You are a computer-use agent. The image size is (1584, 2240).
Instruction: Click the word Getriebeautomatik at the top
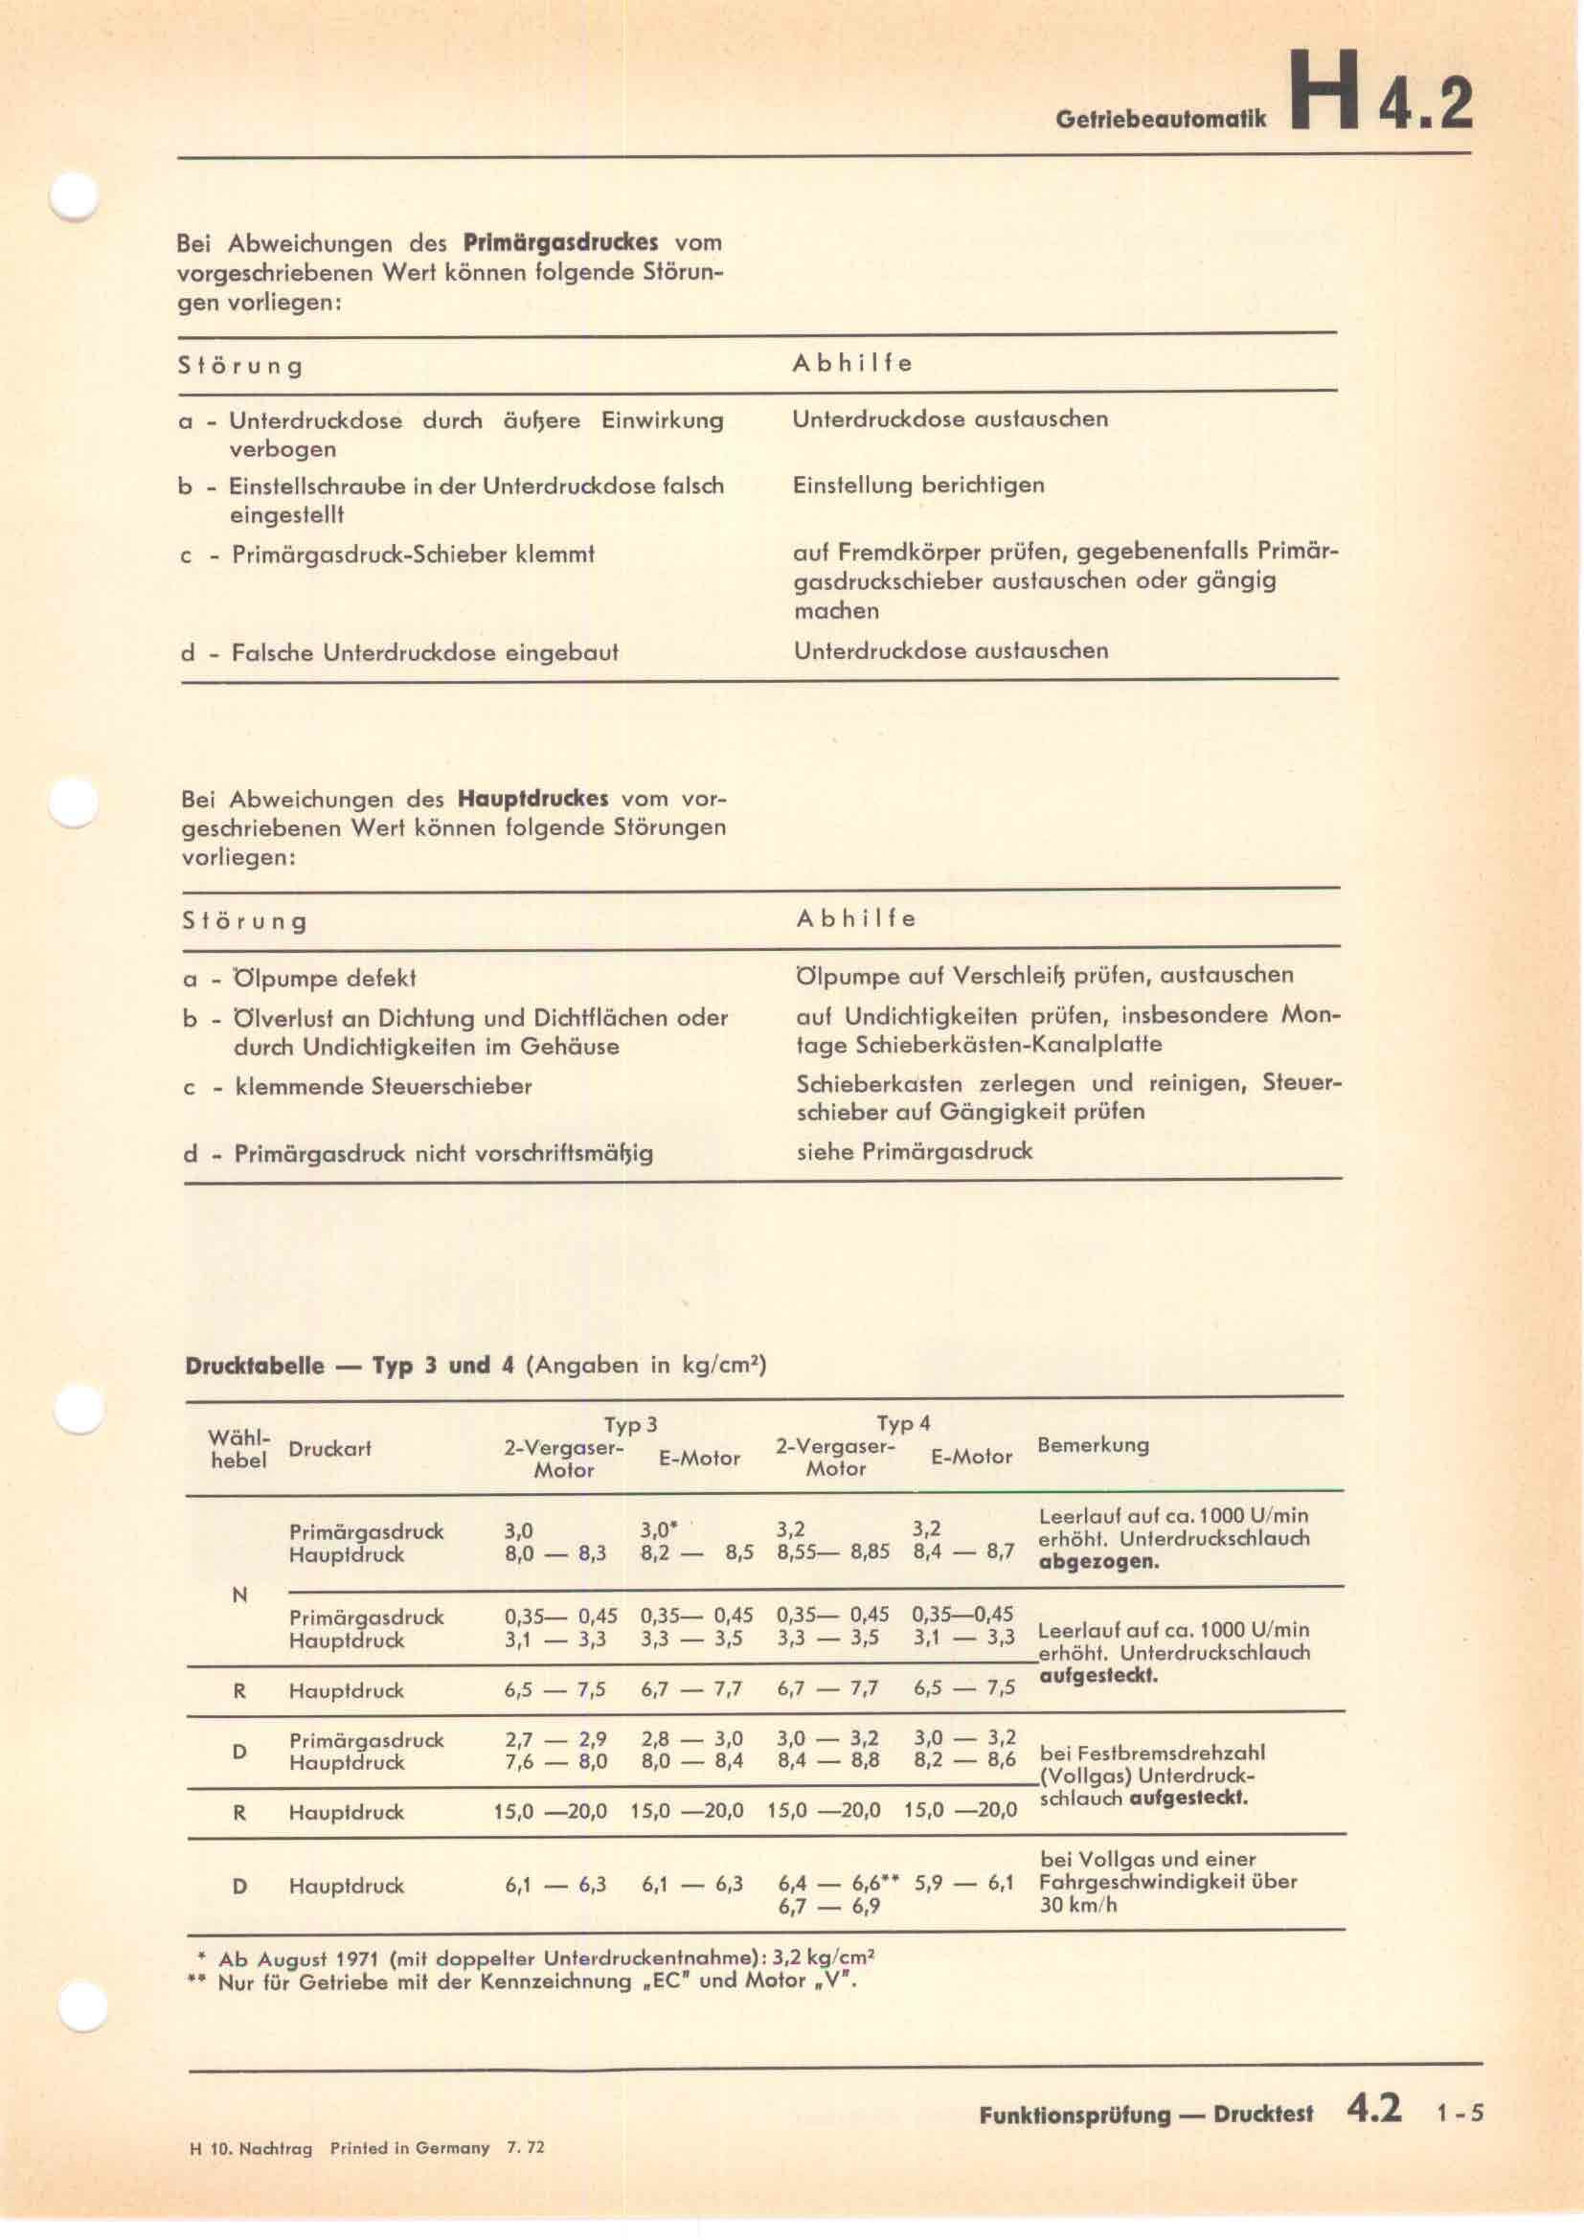click(1160, 120)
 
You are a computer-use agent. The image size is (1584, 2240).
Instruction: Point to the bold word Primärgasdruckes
click(560, 242)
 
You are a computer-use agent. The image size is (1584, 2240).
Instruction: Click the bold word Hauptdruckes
click(532, 798)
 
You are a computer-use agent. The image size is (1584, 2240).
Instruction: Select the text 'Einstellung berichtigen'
click(917, 485)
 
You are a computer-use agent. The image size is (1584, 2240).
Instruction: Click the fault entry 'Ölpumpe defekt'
click(325, 978)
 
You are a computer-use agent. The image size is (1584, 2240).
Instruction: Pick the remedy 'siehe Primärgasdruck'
click(914, 1151)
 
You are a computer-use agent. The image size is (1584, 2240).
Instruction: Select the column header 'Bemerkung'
click(1093, 1445)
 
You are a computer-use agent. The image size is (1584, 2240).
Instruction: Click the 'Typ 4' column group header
click(902, 1423)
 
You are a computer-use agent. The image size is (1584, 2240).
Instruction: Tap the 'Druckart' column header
click(329, 1450)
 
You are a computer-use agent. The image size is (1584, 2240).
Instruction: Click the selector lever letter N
click(239, 1595)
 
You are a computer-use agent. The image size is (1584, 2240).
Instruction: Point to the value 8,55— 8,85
click(833, 1551)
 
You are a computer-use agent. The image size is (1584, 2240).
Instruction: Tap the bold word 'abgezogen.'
click(1098, 1561)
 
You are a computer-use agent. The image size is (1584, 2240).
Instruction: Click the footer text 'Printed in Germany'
click(410, 2147)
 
